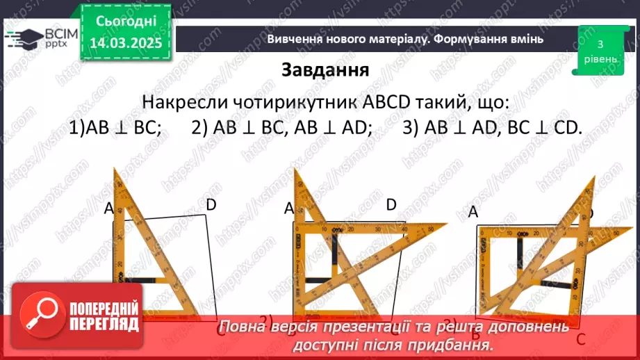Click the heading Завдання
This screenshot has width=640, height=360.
coord(325,70)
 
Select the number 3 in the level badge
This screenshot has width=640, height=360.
coord(599,44)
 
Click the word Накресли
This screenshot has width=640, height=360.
coord(177,103)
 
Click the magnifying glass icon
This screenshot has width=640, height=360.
coord(39,313)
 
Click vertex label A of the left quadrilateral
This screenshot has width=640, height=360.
coord(108,207)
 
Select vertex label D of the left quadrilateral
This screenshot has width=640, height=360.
coord(211,204)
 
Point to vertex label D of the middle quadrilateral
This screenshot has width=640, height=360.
coord(391,204)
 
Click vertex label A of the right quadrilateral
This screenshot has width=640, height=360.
coord(474,213)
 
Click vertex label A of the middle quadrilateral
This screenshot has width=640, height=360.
coord(290,208)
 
